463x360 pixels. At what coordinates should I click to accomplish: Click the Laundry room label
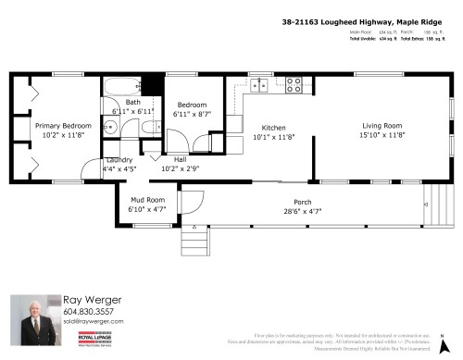[119, 160]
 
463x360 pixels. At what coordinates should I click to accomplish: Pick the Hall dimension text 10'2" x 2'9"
[180, 169]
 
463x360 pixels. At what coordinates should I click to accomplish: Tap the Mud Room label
[146, 200]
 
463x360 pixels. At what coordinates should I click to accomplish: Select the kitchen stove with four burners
[294, 85]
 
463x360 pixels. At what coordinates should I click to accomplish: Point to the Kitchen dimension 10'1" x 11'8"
[274, 137]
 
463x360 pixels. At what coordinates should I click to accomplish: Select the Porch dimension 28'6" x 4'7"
[302, 211]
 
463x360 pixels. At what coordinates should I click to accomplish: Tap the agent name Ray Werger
[90, 299]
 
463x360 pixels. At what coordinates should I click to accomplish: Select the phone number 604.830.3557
[90, 312]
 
